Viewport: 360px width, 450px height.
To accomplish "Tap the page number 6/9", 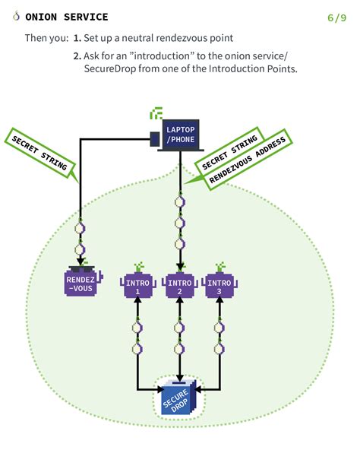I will click(x=336, y=17).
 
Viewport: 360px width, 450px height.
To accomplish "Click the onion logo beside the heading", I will click(x=16, y=17).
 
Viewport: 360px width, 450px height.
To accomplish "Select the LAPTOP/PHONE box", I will click(x=180, y=135).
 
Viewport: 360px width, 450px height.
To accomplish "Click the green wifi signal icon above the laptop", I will click(x=156, y=115).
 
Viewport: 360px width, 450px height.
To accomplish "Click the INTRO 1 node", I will click(x=137, y=287).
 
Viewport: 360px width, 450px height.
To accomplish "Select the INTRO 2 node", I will click(x=179, y=287).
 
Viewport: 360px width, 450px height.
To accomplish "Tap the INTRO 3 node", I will click(x=220, y=287).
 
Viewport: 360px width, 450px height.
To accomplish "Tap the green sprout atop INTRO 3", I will click(x=220, y=266).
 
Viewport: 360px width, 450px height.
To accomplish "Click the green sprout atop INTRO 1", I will click(x=137, y=266).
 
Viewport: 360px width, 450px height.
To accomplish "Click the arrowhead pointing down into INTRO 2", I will click(x=179, y=267).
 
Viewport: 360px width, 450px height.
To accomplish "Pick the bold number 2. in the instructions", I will click(x=77, y=55).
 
